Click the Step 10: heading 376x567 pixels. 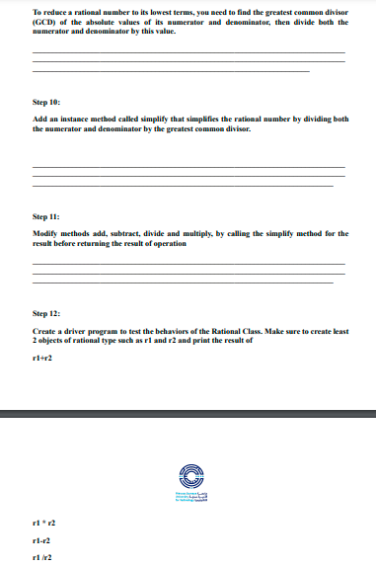click(46, 102)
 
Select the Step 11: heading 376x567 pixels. click(46, 214)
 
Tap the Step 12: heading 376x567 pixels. click(46, 313)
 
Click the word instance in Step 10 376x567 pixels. click(73, 119)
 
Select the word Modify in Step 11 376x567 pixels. click(46, 233)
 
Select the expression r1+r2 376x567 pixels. click(42, 359)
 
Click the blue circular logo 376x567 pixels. click(188, 475)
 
